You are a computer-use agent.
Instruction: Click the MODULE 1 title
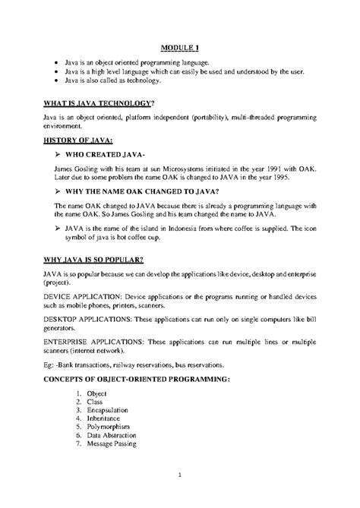pyautogui.click(x=179, y=47)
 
